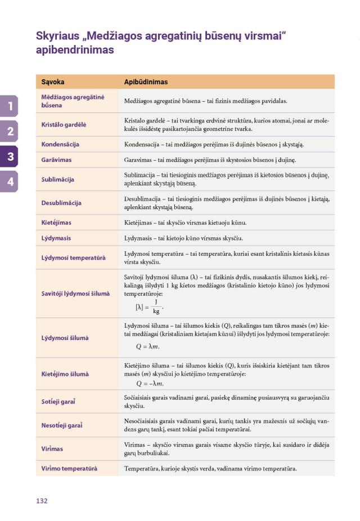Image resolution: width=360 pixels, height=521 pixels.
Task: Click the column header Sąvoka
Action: [x=53, y=82]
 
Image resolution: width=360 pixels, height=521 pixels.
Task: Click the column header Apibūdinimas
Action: [x=146, y=82]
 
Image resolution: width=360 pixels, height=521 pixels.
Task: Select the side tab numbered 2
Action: [x=10, y=132]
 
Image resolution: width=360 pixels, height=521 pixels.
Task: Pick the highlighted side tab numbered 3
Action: [x=10, y=156]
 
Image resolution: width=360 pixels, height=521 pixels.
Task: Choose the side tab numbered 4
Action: [x=10, y=180]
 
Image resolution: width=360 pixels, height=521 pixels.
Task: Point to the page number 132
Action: [x=42, y=500]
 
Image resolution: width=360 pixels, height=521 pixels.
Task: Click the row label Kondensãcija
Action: [x=60, y=144]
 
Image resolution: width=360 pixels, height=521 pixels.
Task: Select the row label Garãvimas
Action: [x=56, y=160]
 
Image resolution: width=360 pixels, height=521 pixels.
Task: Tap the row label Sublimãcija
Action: [x=58, y=180]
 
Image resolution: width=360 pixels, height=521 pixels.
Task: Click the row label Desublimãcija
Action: [x=61, y=203]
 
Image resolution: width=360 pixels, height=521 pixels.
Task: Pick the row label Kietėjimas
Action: [x=56, y=223]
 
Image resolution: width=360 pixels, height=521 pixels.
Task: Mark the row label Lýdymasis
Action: [x=56, y=238]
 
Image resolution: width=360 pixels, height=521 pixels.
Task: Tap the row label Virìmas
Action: [x=52, y=449]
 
